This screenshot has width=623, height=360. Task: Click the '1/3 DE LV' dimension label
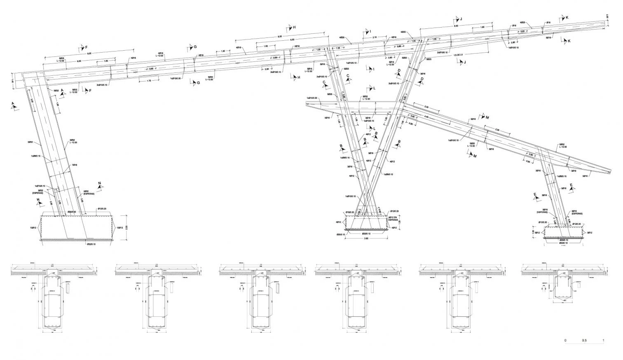click(457, 55)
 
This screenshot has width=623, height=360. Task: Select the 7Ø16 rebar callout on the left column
click(75, 165)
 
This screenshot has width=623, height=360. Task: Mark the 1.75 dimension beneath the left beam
click(149, 81)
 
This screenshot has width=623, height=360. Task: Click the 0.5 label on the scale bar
click(584, 341)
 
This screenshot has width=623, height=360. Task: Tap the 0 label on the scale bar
click(565, 341)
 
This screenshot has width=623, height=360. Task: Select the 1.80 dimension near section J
click(482, 27)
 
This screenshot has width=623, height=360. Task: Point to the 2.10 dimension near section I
click(374, 37)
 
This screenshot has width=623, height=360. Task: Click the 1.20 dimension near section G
click(223, 51)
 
